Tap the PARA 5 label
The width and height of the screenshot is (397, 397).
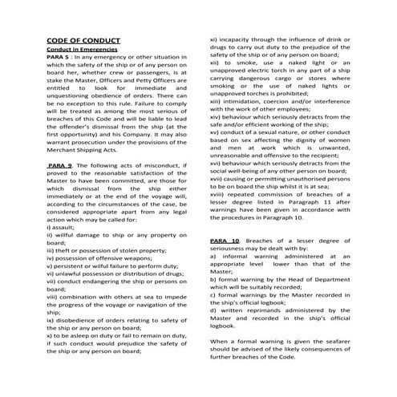point(59,57)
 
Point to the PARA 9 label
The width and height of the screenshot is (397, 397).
point(61,164)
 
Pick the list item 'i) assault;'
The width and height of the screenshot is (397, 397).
point(66,226)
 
